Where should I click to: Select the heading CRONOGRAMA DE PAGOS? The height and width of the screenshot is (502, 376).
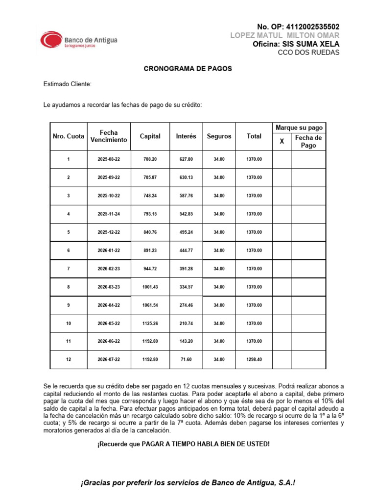(188, 69)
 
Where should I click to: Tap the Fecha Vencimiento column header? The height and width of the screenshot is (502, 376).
(109, 136)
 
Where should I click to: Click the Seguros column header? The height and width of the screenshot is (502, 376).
(219, 136)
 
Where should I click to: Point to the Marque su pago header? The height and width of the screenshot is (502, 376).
(299, 127)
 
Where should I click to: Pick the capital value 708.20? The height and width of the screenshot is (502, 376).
(150, 159)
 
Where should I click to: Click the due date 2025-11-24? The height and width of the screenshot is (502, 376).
(109, 214)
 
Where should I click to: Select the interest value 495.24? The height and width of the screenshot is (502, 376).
(186, 232)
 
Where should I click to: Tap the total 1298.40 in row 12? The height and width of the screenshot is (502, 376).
(254, 360)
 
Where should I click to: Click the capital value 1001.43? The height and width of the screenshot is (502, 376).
(150, 287)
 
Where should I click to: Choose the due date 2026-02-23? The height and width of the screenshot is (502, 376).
(109, 269)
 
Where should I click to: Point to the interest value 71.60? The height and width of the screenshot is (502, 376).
(186, 360)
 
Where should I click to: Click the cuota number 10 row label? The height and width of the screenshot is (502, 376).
(69, 324)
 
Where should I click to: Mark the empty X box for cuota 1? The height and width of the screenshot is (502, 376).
(282, 159)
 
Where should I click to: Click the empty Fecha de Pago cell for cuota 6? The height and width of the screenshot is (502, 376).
(308, 251)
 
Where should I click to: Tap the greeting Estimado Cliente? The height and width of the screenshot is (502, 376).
(68, 84)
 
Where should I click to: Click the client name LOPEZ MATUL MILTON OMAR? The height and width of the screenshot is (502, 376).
(284, 36)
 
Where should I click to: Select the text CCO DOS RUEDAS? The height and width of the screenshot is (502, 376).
(308, 52)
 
